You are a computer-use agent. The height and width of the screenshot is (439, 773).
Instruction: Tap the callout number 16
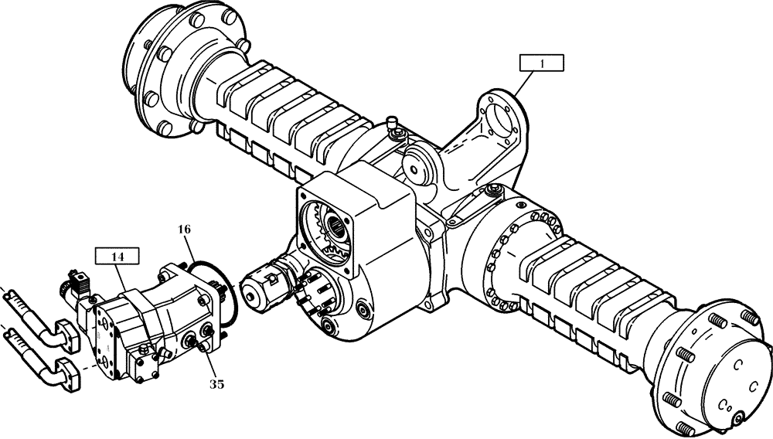click(183, 231)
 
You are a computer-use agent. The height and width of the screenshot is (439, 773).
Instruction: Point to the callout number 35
click(217, 383)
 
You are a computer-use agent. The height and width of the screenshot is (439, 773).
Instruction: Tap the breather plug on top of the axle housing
click(394, 122)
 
